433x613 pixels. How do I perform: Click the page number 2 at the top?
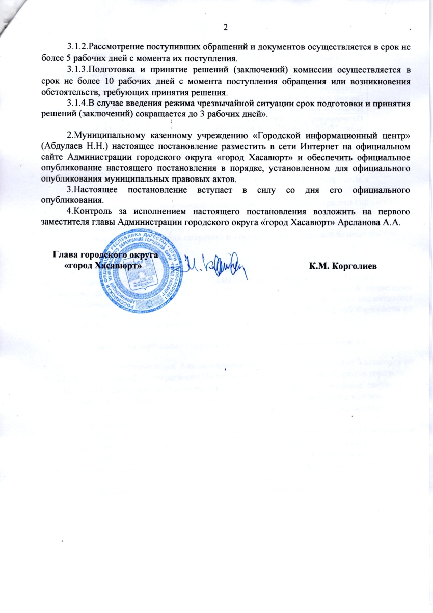[226, 27]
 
